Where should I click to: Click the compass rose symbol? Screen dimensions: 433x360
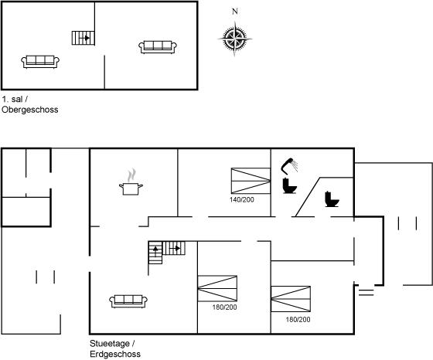(x=235, y=39)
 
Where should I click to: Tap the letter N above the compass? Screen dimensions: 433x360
(x=235, y=12)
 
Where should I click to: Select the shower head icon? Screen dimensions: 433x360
(x=289, y=166)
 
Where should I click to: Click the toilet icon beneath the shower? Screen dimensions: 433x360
(x=289, y=185)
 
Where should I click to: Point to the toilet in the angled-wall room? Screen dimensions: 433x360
(x=332, y=199)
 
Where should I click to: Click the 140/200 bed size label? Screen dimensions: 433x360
(x=241, y=199)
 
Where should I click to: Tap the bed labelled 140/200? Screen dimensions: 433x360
(x=251, y=181)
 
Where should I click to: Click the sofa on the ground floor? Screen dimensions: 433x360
(x=128, y=301)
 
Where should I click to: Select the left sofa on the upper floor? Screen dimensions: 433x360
(x=40, y=62)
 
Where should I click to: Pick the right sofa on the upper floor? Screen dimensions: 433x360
(x=158, y=47)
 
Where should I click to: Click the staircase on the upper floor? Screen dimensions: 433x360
(x=84, y=38)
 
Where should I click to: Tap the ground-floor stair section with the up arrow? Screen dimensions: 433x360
(x=155, y=253)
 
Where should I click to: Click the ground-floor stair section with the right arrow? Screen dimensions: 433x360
(x=174, y=248)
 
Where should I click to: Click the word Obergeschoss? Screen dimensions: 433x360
(x=30, y=110)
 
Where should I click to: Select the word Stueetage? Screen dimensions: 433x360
(x=110, y=344)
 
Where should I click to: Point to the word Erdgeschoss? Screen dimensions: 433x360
(x=115, y=354)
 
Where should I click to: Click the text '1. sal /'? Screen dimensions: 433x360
(x=15, y=99)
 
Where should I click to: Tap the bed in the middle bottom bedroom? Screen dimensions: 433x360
(x=217, y=288)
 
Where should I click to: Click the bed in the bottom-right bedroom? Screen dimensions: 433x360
(x=291, y=299)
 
